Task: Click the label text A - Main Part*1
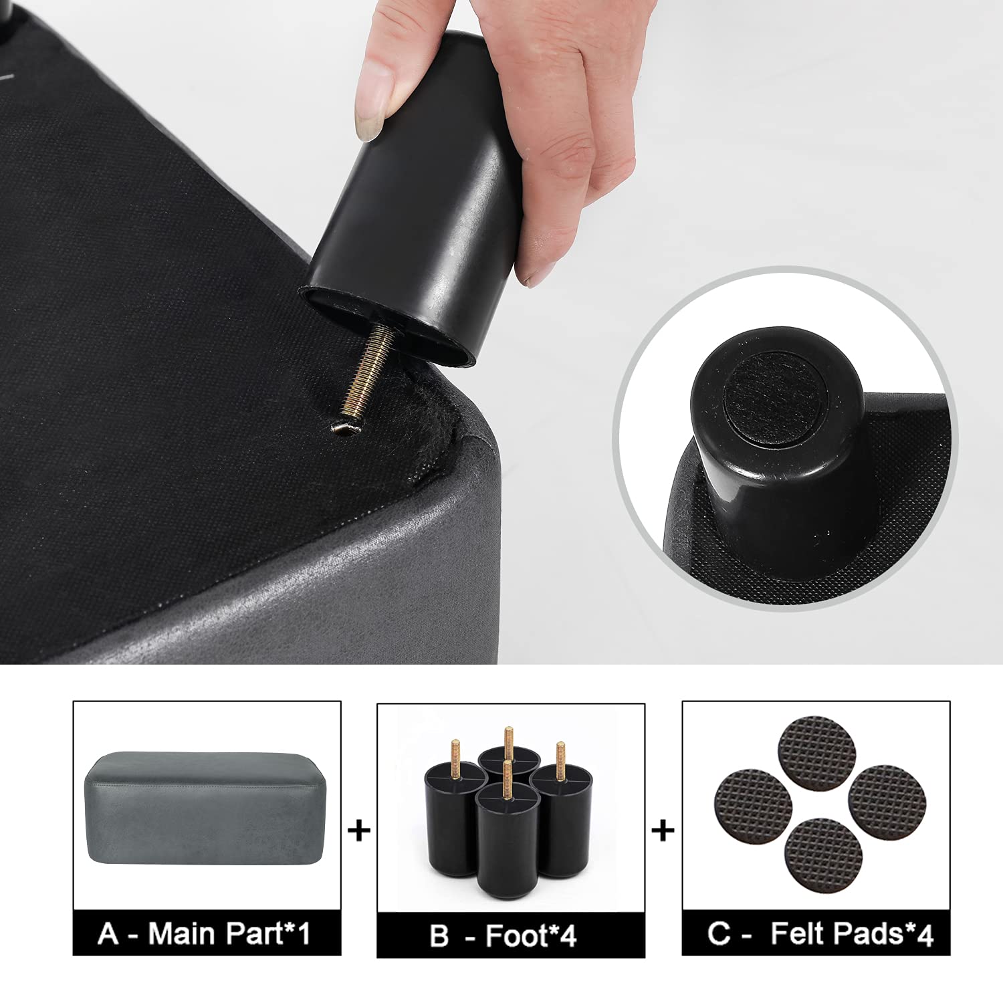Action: pos(205,933)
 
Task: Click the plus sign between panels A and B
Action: pos(360,831)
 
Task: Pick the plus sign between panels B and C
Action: pos(663,831)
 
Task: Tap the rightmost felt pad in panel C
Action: pos(882,800)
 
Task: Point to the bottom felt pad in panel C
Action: pos(823,852)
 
